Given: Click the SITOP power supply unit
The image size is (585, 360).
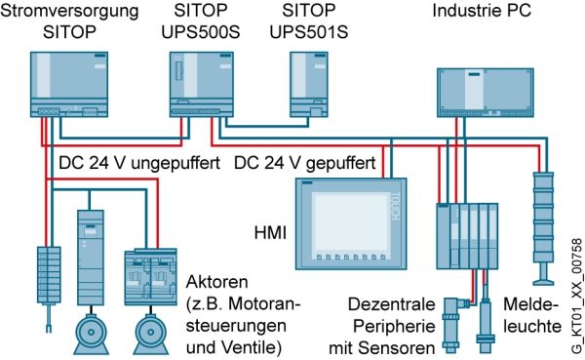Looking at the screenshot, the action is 69,85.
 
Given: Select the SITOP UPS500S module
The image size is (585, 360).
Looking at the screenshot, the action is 202,85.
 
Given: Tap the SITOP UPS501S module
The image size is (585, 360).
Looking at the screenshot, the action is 309,85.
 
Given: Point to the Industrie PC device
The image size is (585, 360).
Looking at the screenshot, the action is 485,93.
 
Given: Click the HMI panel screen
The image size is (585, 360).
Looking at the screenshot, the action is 351,223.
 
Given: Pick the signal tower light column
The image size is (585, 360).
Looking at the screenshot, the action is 544,228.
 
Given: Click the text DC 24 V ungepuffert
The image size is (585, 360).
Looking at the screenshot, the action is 139,163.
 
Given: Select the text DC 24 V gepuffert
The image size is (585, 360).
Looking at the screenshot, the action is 304,163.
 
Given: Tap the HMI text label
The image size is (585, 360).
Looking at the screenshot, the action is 270,233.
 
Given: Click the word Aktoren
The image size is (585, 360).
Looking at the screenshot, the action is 216,282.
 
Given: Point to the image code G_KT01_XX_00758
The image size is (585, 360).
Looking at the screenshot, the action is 577,296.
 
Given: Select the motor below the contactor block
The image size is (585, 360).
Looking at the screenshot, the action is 151,334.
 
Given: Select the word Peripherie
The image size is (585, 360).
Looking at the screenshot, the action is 394,327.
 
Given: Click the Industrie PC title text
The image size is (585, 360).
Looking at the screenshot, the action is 482,11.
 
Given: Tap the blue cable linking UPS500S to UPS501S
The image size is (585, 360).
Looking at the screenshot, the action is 266,126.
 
